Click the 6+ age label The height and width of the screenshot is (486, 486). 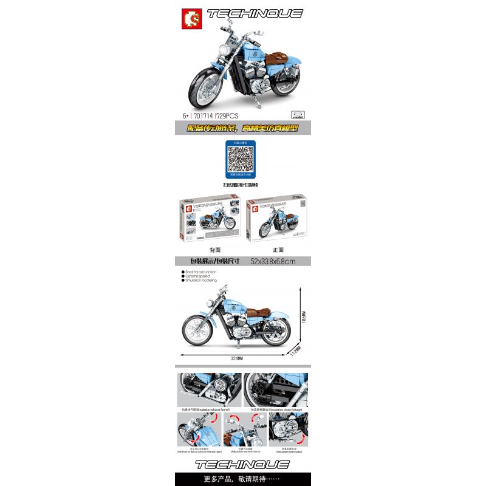185,114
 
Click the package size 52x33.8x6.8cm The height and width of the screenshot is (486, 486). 272,261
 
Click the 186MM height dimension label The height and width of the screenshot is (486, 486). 304,318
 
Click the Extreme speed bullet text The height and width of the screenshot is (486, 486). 198,276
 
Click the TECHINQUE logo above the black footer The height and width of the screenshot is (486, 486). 242,465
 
